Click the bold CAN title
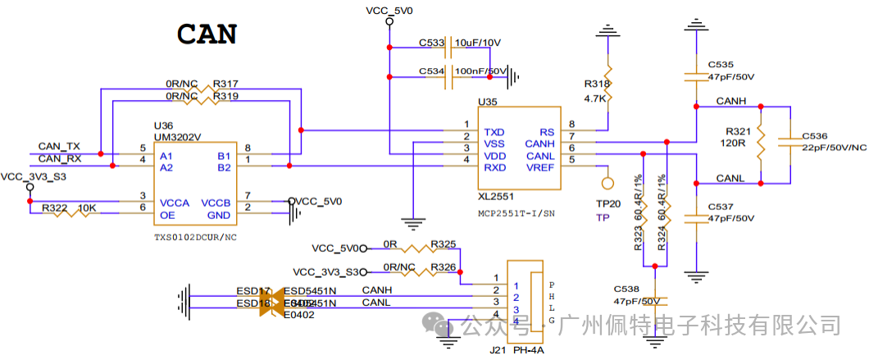pos(207,34)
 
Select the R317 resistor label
pos(225,84)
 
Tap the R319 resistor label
pos(225,96)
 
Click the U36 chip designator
pos(164,125)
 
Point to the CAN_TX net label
pos(59,146)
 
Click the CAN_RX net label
pos(59,158)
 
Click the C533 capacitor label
pos(431,43)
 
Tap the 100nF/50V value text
pos(481,71)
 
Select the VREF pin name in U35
pos(541,167)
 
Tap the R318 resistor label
pos(597,84)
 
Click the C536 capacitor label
pos(815,135)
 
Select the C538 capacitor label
pos(626,289)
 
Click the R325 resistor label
pos(443,244)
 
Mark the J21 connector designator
pos(497,350)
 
